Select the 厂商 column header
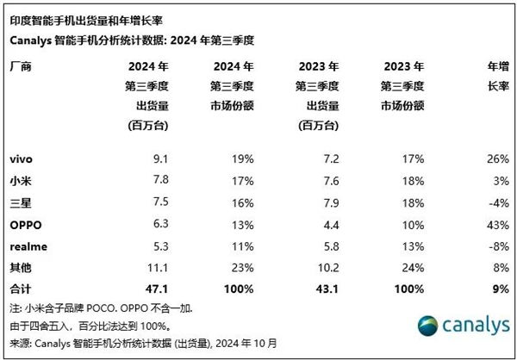pos(21,66)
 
